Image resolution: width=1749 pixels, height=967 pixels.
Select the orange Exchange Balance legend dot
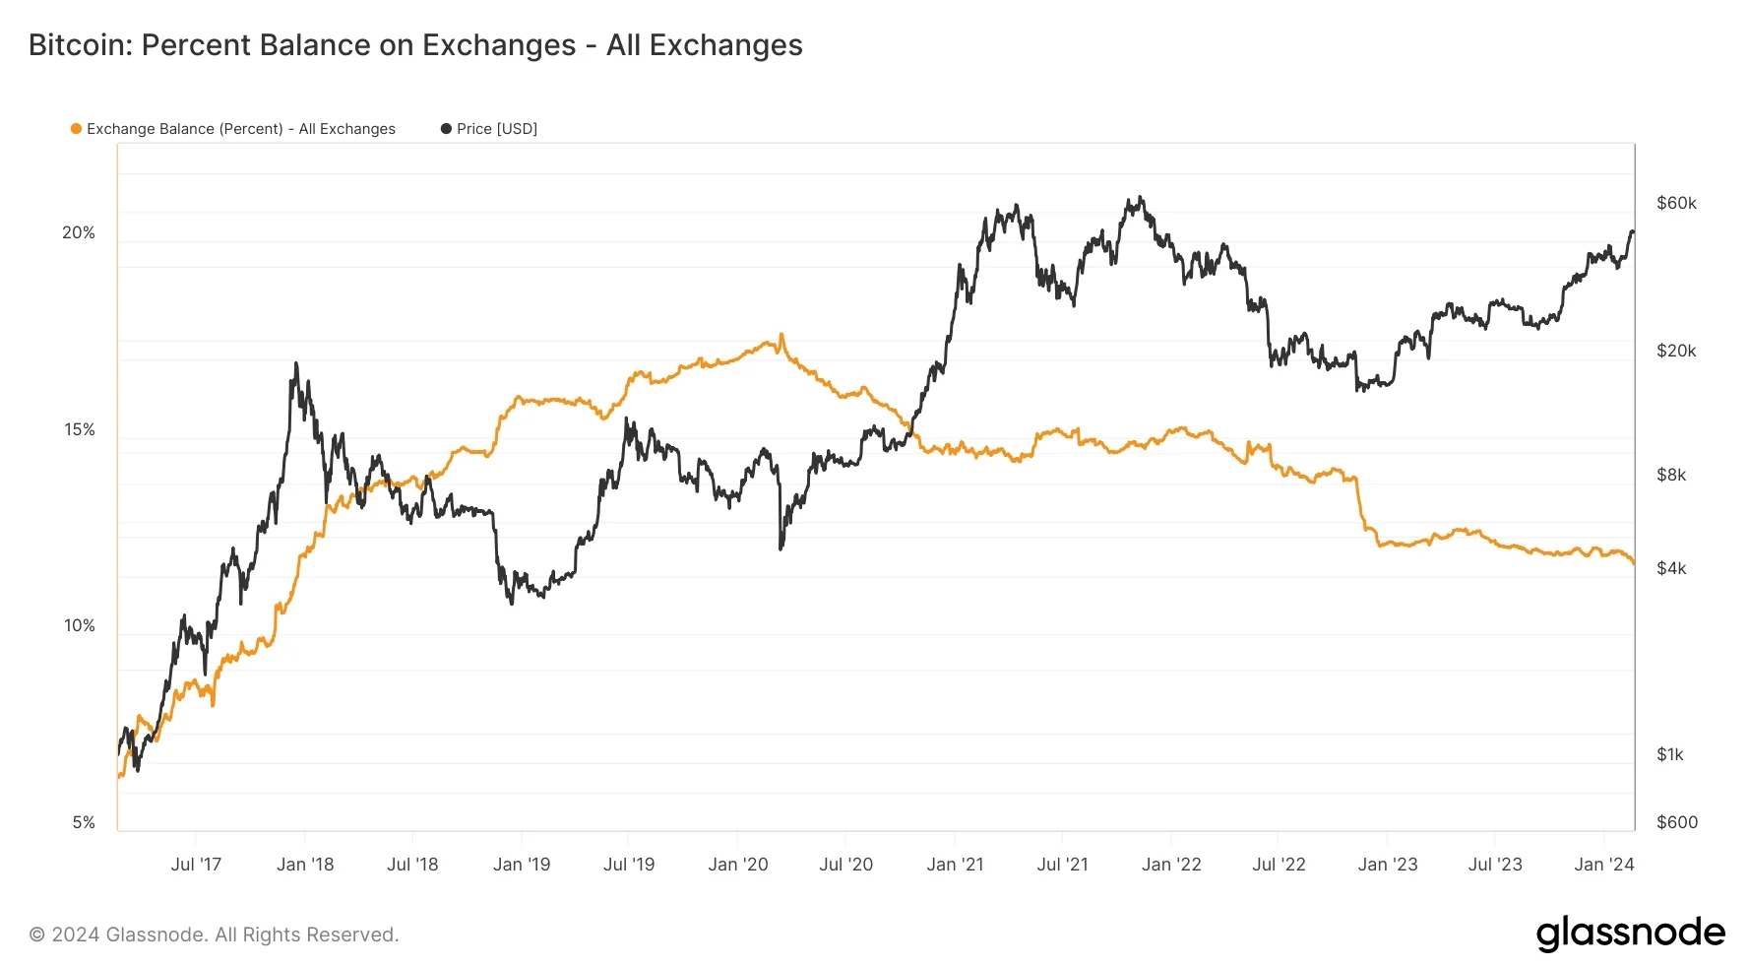(76, 129)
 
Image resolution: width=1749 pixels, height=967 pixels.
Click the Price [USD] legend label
(497, 129)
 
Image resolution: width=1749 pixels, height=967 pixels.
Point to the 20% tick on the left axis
(79, 232)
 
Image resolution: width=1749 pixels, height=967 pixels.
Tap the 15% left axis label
(79, 429)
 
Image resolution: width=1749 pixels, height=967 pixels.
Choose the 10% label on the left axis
(79, 625)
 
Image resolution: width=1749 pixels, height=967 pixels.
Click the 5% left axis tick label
(84, 822)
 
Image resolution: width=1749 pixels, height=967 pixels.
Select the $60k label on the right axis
(1676, 203)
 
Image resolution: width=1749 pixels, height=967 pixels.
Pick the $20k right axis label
(1676, 351)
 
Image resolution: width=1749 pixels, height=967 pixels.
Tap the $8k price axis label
(1671, 475)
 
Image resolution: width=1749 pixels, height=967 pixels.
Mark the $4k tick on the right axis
(1671, 568)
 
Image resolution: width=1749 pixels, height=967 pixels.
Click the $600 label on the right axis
(1677, 822)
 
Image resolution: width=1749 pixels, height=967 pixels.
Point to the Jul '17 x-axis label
(196, 865)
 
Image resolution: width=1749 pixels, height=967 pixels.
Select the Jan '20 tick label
(738, 865)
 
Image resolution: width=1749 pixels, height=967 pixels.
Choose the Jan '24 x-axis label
(1604, 865)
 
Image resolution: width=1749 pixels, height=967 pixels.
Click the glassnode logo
(1631, 933)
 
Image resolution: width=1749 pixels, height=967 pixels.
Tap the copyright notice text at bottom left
(214, 935)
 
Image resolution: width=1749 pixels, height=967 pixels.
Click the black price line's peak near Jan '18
(295, 362)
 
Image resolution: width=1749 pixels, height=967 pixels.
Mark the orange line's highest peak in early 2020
(781, 334)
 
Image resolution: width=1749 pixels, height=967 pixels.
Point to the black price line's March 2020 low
(781, 548)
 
